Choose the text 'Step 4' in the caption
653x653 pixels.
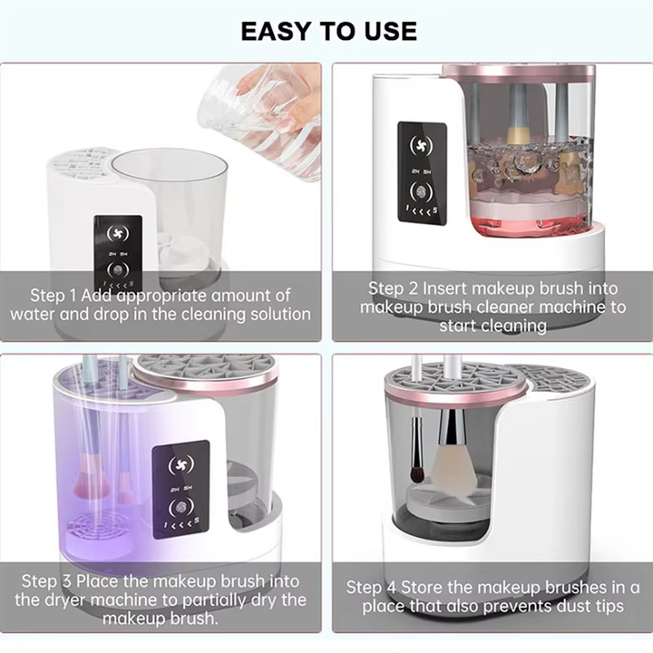(x=376, y=587)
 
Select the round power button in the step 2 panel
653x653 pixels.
(x=423, y=192)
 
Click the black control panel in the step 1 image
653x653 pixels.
(x=118, y=255)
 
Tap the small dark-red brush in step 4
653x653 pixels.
(x=416, y=471)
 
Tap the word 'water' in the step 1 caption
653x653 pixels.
(x=34, y=314)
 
